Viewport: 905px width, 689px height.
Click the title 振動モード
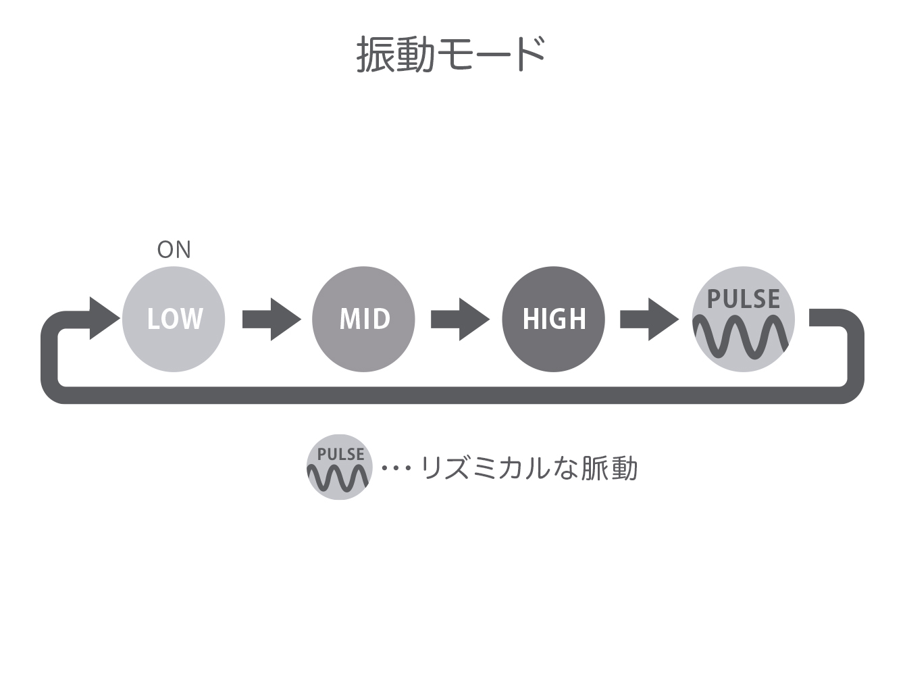[x=450, y=54]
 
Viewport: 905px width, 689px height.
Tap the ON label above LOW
[x=174, y=249]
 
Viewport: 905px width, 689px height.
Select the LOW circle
[x=174, y=319]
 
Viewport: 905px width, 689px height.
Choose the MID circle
[x=363, y=319]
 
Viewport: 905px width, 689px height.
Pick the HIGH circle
[x=553, y=319]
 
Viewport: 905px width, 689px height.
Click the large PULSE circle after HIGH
[x=744, y=319]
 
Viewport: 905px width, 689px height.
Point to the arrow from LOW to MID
[x=271, y=319]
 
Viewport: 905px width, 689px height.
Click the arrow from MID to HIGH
[x=460, y=319]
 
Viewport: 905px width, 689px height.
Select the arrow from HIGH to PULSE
[x=650, y=319]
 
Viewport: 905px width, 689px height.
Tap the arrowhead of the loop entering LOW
[x=105, y=318]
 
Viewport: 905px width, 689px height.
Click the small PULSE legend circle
[x=339, y=467]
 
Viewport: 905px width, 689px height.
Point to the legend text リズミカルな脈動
[x=529, y=468]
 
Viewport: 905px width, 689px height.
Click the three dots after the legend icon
[x=396, y=468]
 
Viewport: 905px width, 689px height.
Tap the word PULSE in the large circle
[x=744, y=299]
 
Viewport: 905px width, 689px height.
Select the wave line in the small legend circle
[x=338, y=478]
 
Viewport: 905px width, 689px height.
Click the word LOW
[x=175, y=319]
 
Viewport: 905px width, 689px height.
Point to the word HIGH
[x=554, y=319]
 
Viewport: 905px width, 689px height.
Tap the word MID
[x=365, y=319]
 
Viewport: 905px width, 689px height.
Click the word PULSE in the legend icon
[x=340, y=455]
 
